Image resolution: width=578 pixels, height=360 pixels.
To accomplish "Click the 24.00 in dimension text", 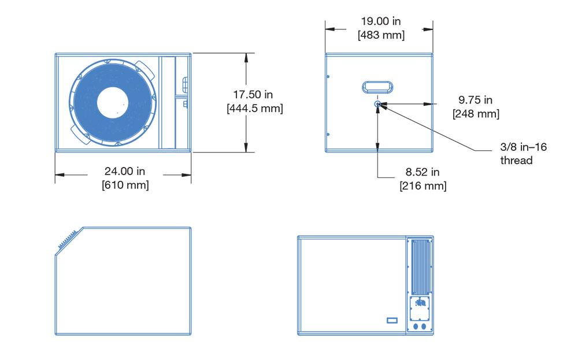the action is (125, 171).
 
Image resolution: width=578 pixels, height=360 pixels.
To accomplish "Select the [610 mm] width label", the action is (125, 184).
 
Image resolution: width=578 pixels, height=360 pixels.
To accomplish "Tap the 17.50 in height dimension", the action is (253, 95).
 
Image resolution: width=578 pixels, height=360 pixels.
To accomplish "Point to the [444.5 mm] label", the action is (255, 108).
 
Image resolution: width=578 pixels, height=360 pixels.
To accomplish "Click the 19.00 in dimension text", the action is (381, 21).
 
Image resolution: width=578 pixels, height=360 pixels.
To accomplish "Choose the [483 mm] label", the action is (381, 35).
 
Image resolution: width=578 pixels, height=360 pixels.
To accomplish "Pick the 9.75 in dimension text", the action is (476, 100).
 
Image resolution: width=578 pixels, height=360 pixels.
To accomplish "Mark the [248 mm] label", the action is (476, 113).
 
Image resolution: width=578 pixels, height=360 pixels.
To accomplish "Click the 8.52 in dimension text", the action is (423, 172).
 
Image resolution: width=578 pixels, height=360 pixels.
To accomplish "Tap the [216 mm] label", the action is (423, 185).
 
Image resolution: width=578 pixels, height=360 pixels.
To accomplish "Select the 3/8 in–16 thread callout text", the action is (524, 154).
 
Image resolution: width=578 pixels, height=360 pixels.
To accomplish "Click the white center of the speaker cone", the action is (113, 103).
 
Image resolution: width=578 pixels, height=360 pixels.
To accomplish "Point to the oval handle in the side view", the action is (377, 88).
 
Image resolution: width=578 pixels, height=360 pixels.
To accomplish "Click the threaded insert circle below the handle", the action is (377, 104).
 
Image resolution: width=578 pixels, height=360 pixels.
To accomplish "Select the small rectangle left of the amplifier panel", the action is (392, 321).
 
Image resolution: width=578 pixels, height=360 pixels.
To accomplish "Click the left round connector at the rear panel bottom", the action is (416, 326).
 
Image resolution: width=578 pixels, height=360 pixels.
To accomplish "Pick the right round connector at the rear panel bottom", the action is (424, 326).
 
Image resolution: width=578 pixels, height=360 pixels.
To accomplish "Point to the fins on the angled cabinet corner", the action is (67, 239).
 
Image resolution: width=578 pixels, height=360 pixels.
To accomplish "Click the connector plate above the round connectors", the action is (420, 308).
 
